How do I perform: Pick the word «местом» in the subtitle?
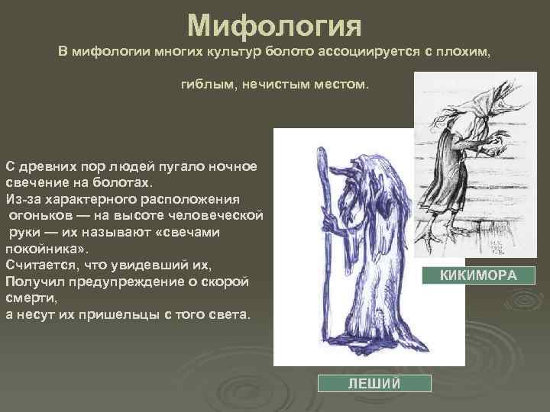(x=338, y=85)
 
